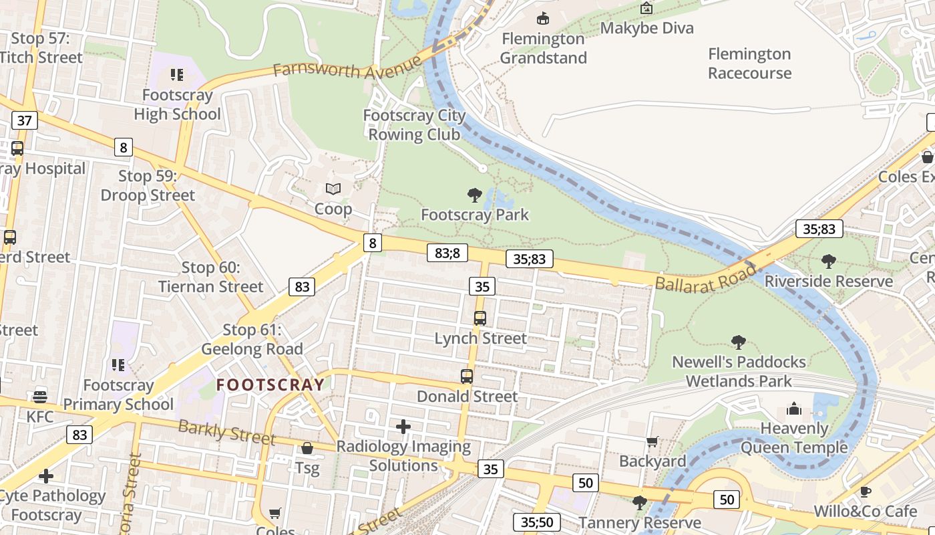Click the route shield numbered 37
[x=25, y=120]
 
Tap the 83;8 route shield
[x=447, y=252]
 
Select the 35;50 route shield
[x=537, y=522]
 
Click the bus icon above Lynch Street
[x=480, y=318]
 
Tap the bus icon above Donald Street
[x=467, y=377]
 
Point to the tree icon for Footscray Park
[x=475, y=195]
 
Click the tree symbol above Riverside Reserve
[x=829, y=261]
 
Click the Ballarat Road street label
[x=707, y=278]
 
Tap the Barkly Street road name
[x=226, y=431]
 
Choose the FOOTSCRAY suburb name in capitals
[x=270, y=385]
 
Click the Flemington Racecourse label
[x=749, y=64]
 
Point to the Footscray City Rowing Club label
[x=414, y=124]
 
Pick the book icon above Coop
[x=333, y=189]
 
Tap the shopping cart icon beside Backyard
[x=652, y=441]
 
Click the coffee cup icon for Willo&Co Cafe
[x=866, y=492]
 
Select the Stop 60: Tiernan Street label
[x=210, y=277]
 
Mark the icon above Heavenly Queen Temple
[x=794, y=408]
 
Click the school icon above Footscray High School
[x=176, y=74]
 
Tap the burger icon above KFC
[x=40, y=397]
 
